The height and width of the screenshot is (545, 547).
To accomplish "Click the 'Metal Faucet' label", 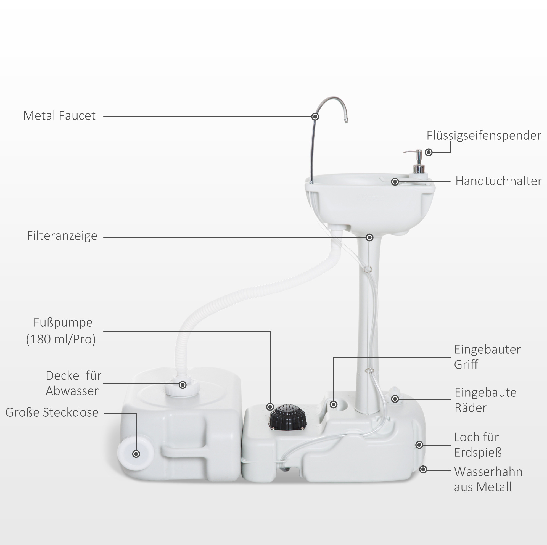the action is pos(59,115).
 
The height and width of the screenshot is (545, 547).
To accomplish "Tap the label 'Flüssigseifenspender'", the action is pos(484,136).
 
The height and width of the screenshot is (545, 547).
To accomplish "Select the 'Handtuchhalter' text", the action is pos(499,181).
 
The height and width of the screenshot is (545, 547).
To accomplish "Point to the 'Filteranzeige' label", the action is pos(62,236).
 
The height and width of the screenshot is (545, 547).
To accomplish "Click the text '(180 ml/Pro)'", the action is pos(61,339).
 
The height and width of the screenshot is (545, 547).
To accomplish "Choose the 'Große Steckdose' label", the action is pos(52,412).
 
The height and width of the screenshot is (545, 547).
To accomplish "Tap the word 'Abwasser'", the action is pos(72,391).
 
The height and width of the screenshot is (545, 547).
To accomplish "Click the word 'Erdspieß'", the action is pos(478,453).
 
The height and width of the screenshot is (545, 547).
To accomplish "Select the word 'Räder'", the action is pos(471,408).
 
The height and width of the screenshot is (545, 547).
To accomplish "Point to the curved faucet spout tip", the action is pos(346,120).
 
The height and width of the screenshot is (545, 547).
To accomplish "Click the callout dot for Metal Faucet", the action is pos(315,116).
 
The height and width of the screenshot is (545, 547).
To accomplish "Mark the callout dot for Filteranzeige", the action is pos(369,237).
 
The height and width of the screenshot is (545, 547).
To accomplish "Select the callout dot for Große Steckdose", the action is pos(136,454).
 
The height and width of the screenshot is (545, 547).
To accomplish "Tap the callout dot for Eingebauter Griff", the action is pos(334,404).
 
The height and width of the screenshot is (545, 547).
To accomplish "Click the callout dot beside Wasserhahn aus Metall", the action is pos(423,469).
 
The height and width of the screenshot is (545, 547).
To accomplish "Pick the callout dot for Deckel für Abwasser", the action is pos(183,385).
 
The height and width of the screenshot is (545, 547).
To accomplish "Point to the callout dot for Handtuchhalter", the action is pos(395,182).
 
